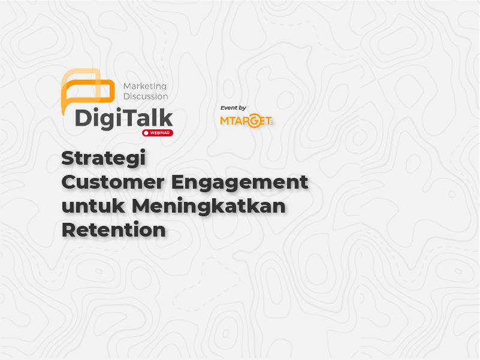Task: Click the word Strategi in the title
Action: [104, 159]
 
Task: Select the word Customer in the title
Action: [113, 182]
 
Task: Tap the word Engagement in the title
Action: [240, 183]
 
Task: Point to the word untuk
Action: [93, 205]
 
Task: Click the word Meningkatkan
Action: [209, 207]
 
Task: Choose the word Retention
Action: [114, 229]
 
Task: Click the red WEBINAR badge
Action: [158, 133]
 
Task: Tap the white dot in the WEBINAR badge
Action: [146, 133]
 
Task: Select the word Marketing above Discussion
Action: [145, 87]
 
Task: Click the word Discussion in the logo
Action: [146, 96]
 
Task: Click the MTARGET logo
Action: [246, 120]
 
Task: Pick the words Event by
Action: [233, 108]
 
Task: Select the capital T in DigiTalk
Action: [128, 118]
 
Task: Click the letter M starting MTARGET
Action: [224, 121]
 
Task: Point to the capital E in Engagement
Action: [179, 182]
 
